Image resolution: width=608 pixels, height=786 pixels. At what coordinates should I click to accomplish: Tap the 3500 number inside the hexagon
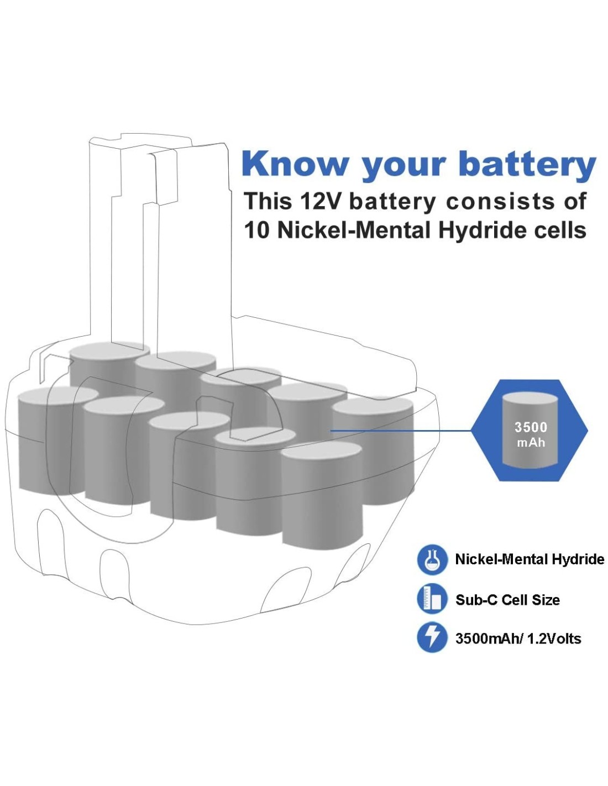[531, 427]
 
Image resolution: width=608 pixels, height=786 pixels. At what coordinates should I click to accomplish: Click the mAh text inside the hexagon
[531, 443]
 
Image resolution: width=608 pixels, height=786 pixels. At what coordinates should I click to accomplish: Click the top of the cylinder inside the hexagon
[530, 399]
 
